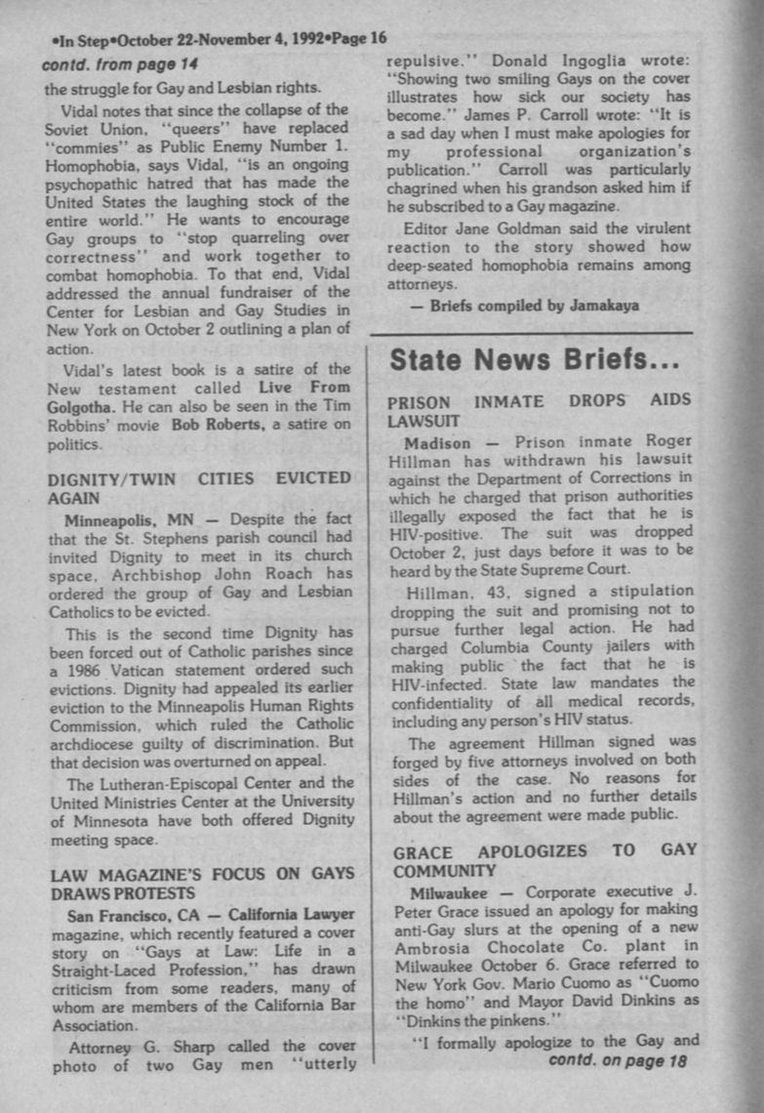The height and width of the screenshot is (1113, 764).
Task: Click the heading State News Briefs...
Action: (534, 360)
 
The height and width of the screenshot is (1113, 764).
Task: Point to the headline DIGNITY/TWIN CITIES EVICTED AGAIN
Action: (200, 487)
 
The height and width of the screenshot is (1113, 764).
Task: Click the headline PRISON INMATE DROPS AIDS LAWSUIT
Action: (540, 411)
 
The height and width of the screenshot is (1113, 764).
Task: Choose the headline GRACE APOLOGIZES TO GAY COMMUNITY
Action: (544, 860)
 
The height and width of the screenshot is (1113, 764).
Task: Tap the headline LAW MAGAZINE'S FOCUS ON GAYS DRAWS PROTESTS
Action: (201, 883)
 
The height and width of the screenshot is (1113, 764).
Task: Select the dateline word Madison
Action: (438, 443)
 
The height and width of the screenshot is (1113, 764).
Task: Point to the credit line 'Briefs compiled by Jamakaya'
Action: (535, 306)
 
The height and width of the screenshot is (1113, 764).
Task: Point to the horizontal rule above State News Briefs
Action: (532, 335)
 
